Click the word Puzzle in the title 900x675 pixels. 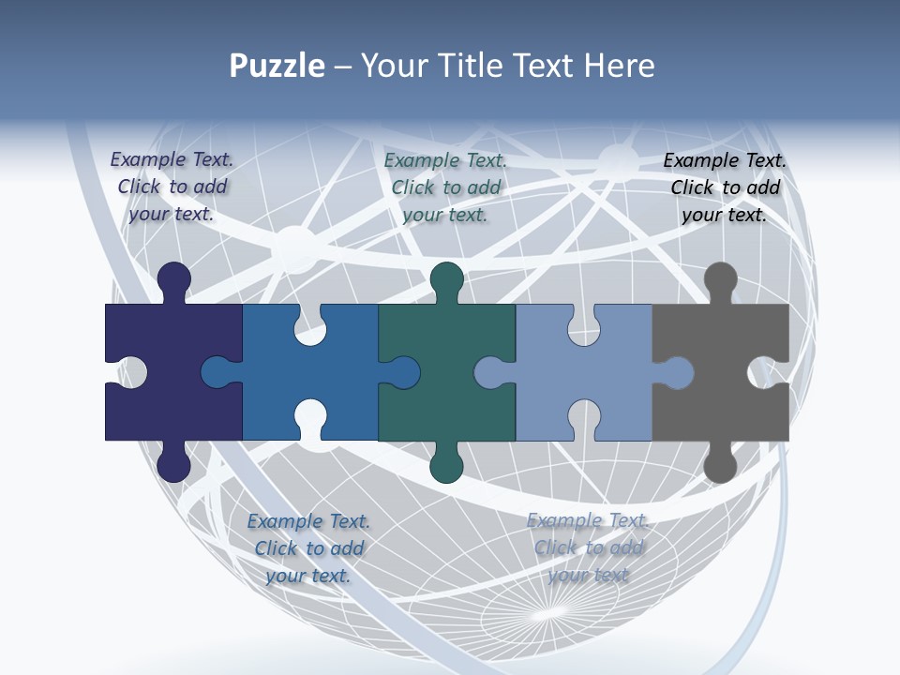coord(277,66)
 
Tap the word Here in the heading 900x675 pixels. coord(619,66)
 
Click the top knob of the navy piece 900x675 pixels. coord(174,279)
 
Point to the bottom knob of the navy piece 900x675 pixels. coord(174,464)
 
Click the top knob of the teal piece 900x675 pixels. coord(447,279)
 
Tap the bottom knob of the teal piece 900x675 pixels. coord(447,464)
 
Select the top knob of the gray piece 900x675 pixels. coord(720,279)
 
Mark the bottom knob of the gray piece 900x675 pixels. coord(720,464)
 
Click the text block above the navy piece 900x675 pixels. coord(172,187)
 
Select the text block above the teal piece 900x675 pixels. coord(446,187)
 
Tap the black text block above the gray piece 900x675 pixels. coord(725,187)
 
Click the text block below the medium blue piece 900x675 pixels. coord(309,548)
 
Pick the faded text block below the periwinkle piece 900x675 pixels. coord(588,547)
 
